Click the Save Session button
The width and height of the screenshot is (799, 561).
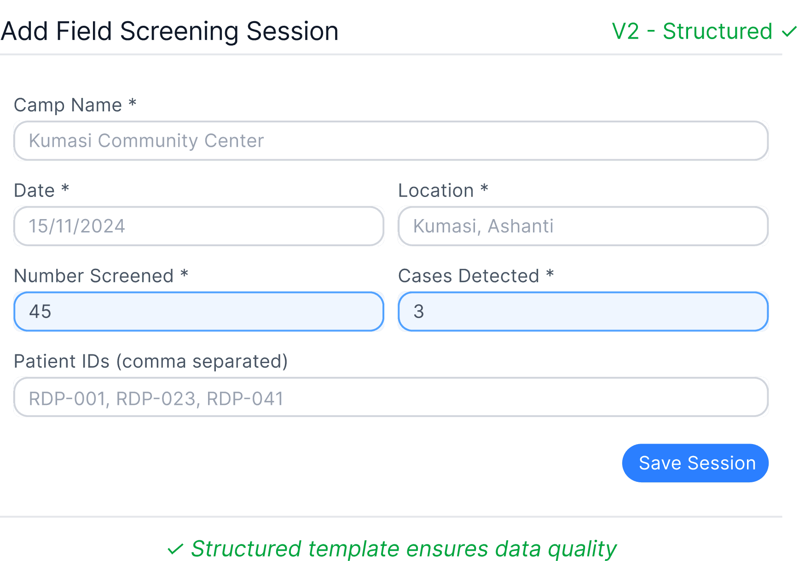(x=695, y=463)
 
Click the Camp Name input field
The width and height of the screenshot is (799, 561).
(x=391, y=141)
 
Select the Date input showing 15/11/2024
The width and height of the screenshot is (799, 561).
(x=199, y=226)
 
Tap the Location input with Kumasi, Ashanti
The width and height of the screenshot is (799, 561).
(x=583, y=226)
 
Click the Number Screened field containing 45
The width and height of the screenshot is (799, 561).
(x=199, y=312)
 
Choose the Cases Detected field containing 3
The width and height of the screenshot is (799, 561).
(x=583, y=312)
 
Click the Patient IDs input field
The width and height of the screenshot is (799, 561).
(x=391, y=397)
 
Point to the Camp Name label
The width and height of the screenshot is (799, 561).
(x=68, y=105)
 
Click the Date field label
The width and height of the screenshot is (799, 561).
(x=35, y=191)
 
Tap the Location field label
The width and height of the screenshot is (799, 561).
(x=436, y=191)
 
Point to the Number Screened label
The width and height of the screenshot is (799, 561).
(x=93, y=276)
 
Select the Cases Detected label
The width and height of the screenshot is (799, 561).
(x=469, y=276)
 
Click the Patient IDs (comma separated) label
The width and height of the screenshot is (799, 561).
(x=151, y=361)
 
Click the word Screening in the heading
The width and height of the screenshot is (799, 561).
(x=179, y=31)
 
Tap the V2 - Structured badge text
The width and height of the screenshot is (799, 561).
(x=692, y=31)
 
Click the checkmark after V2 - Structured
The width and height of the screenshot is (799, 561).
(x=789, y=32)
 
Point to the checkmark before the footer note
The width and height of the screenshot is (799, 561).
(x=175, y=549)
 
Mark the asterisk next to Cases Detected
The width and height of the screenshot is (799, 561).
(x=550, y=274)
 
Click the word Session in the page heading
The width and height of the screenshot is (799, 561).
(x=292, y=31)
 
